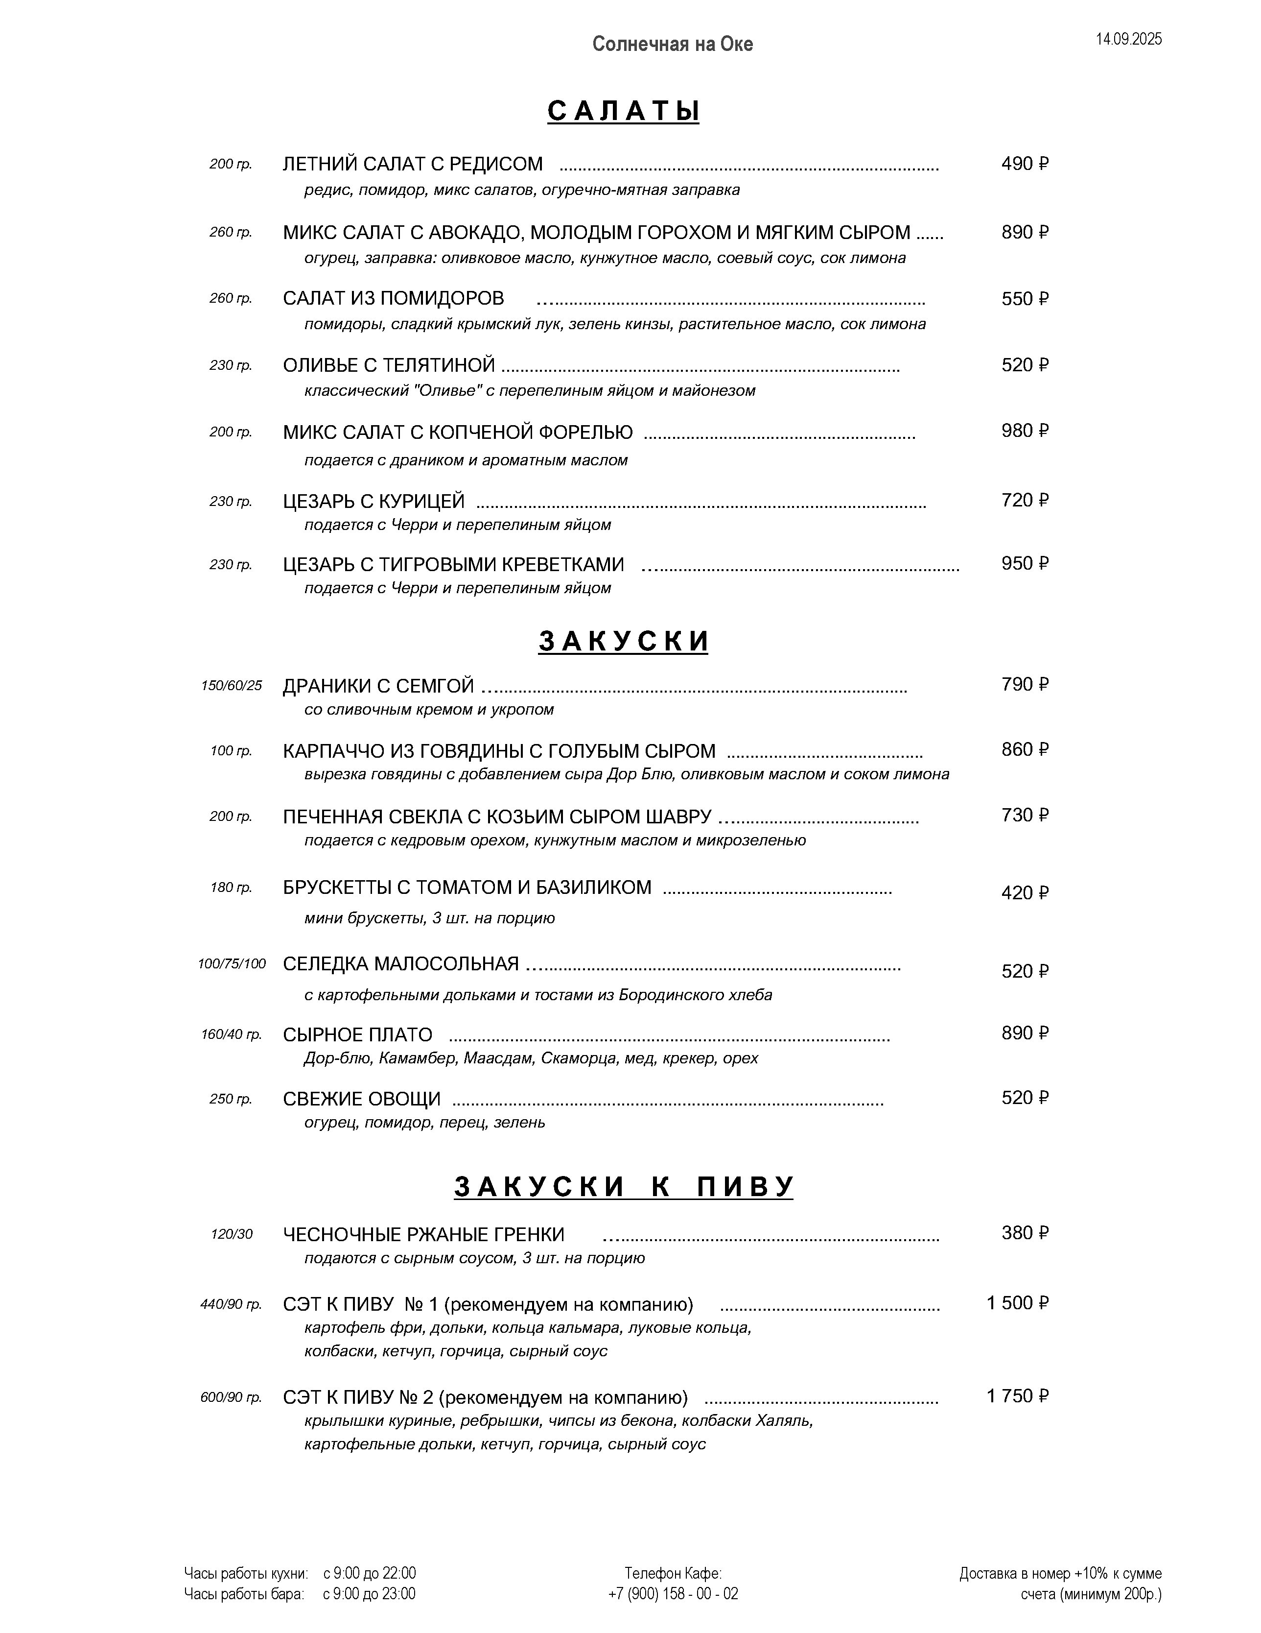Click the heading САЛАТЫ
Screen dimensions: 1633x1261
point(623,111)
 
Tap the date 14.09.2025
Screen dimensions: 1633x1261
point(1129,40)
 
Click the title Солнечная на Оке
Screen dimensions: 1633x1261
point(672,44)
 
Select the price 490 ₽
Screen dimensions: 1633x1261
point(1025,164)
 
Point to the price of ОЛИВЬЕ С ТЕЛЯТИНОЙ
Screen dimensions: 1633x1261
point(1025,365)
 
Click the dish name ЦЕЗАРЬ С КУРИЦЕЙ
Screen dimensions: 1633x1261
point(374,501)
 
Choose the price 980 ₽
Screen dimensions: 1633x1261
point(1025,431)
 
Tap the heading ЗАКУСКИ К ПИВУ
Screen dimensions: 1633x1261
point(623,1187)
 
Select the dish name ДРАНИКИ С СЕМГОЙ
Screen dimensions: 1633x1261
point(378,686)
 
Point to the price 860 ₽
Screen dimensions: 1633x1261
point(1025,749)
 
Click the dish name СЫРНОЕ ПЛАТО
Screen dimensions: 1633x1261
point(357,1035)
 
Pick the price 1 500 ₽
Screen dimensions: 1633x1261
point(1017,1302)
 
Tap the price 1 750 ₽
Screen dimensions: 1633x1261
point(1017,1395)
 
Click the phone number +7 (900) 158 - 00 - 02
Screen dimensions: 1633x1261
point(673,1593)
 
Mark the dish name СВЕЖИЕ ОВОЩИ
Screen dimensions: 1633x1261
point(362,1099)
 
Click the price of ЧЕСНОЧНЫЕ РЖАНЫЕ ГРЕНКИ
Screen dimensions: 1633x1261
point(1025,1232)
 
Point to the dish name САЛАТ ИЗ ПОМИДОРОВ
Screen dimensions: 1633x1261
point(393,298)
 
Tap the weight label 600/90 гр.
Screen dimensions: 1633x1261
point(231,1397)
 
